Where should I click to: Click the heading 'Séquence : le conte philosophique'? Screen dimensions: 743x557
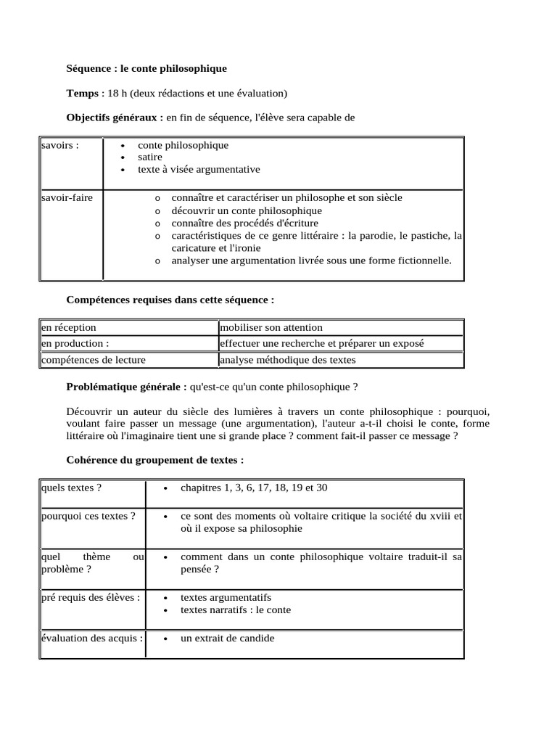(x=147, y=68)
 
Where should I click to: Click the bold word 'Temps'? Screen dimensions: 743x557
(x=83, y=93)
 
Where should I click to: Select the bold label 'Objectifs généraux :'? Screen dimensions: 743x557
(x=115, y=117)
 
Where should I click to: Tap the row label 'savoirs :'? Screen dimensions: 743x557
(x=60, y=145)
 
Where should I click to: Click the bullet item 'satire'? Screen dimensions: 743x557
(x=150, y=157)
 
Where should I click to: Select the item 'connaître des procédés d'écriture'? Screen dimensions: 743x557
(x=244, y=223)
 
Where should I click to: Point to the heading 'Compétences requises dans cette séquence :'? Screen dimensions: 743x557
(x=170, y=299)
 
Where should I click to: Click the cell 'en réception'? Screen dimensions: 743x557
(x=69, y=328)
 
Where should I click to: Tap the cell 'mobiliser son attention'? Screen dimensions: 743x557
(x=271, y=328)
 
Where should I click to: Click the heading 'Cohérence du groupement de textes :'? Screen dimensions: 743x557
(x=155, y=460)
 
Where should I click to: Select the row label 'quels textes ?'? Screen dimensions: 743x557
(x=71, y=488)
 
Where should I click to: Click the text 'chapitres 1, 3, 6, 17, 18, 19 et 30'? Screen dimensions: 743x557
(x=254, y=488)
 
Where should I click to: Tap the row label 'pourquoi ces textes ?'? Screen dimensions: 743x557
(x=88, y=516)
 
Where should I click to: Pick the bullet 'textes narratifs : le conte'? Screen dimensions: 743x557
(x=236, y=609)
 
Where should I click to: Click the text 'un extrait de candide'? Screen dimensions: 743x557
(x=227, y=639)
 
